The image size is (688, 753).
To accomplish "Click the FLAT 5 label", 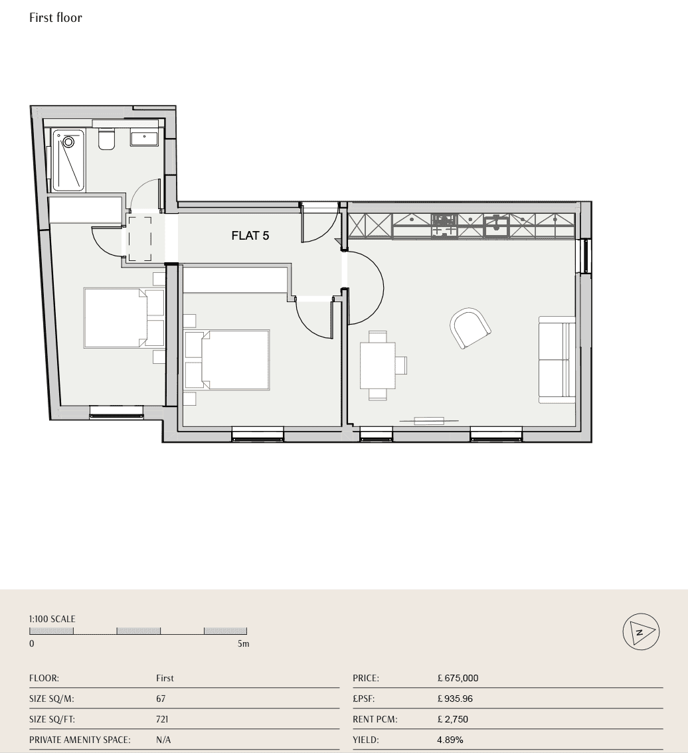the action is click(250, 235).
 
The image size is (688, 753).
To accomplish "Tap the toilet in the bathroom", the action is click(106, 139).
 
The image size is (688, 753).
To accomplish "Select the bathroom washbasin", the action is click(144, 138).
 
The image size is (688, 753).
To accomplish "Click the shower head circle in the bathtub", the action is click(68, 143).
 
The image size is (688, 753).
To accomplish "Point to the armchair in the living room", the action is click(470, 329).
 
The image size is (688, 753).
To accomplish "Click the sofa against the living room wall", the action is click(557, 360).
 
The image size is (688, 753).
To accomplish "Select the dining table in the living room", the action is click(378, 365).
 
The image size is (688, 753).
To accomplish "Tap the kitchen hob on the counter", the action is click(444, 226).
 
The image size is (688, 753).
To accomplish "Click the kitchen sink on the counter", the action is click(496, 226).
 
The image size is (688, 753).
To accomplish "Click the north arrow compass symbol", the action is click(641, 632).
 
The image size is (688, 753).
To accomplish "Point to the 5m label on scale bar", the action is click(243, 643).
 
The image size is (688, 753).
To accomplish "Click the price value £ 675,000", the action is click(458, 678).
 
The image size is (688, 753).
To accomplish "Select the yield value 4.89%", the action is click(450, 740).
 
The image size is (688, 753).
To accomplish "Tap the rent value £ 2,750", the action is click(453, 719).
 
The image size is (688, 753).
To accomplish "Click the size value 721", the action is click(162, 719).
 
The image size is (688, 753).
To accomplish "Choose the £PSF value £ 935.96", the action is click(455, 699).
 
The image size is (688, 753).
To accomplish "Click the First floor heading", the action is click(56, 18).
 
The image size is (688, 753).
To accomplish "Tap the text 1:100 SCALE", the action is click(52, 619).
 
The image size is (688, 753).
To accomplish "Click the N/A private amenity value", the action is click(163, 740).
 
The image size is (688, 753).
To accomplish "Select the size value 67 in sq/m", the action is click(161, 699).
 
